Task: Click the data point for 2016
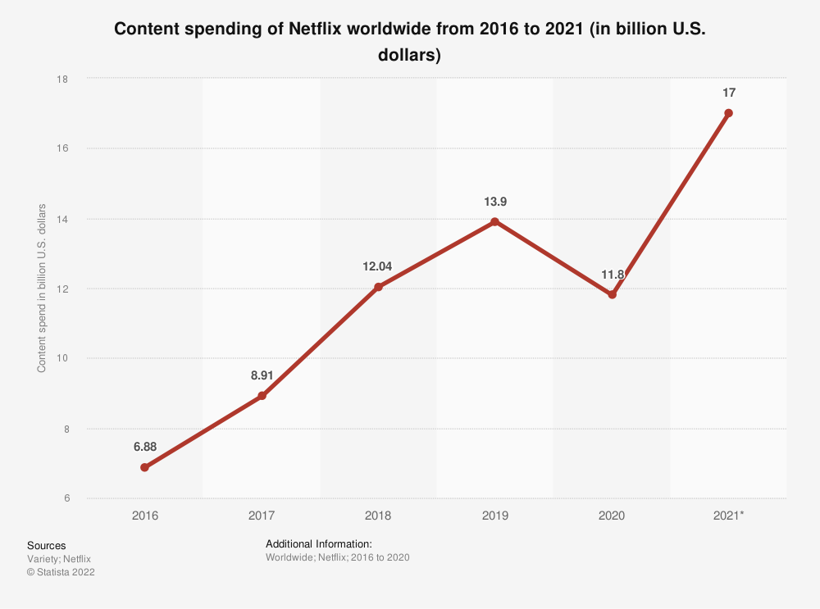145,467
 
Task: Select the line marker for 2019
494,221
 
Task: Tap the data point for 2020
612,295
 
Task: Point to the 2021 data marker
728,113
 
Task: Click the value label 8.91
262,376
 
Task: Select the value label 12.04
378,266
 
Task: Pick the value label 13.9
494,202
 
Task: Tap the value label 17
728,93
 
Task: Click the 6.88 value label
145,448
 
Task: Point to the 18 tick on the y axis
63,79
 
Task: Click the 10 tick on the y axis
63,358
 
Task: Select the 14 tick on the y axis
63,219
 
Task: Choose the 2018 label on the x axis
378,516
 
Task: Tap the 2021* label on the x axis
728,516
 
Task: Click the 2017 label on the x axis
262,516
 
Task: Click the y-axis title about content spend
41,289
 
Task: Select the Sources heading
47,545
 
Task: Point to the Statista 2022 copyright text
61,573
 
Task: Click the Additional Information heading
319,543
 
